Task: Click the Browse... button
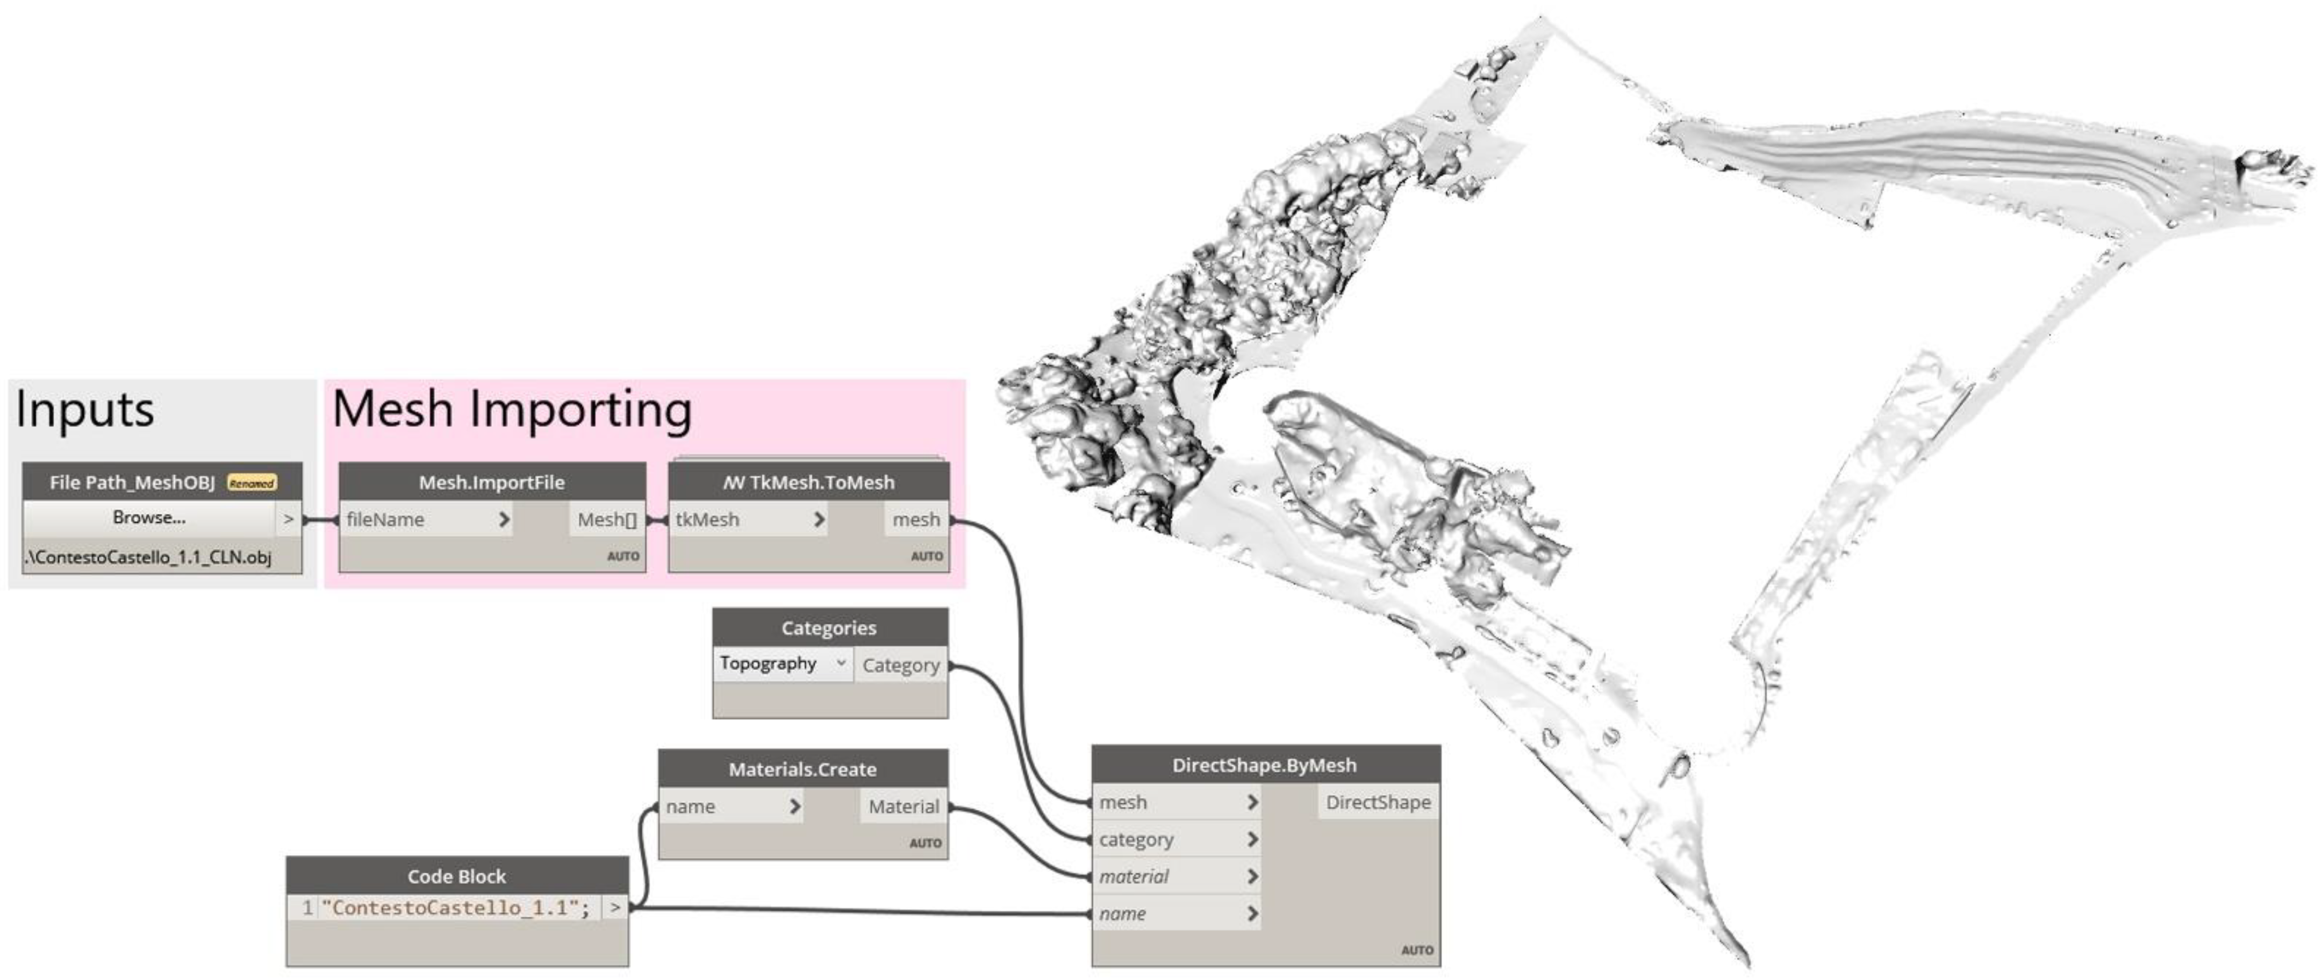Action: (149, 518)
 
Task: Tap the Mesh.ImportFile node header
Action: (491, 482)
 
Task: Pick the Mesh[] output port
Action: (607, 520)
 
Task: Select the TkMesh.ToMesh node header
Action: (808, 482)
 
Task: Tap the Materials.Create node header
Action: (802, 769)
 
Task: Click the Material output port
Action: (903, 806)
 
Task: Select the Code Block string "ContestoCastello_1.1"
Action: (455, 908)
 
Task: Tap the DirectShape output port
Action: (1377, 802)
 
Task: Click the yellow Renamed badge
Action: (252, 483)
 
